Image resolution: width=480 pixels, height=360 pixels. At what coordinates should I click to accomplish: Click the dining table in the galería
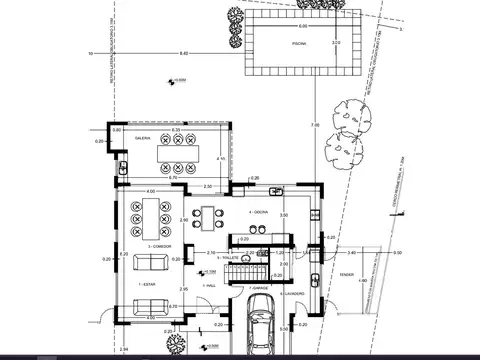pyautogui.click(x=177, y=154)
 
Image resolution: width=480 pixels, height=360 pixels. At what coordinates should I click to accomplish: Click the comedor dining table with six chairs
pyautogui.click(x=156, y=213)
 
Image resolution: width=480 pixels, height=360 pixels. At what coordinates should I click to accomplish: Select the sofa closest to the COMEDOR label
pyautogui.click(x=151, y=262)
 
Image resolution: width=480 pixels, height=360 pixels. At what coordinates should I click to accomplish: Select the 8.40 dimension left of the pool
pyautogui.click(x=182, y=52)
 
